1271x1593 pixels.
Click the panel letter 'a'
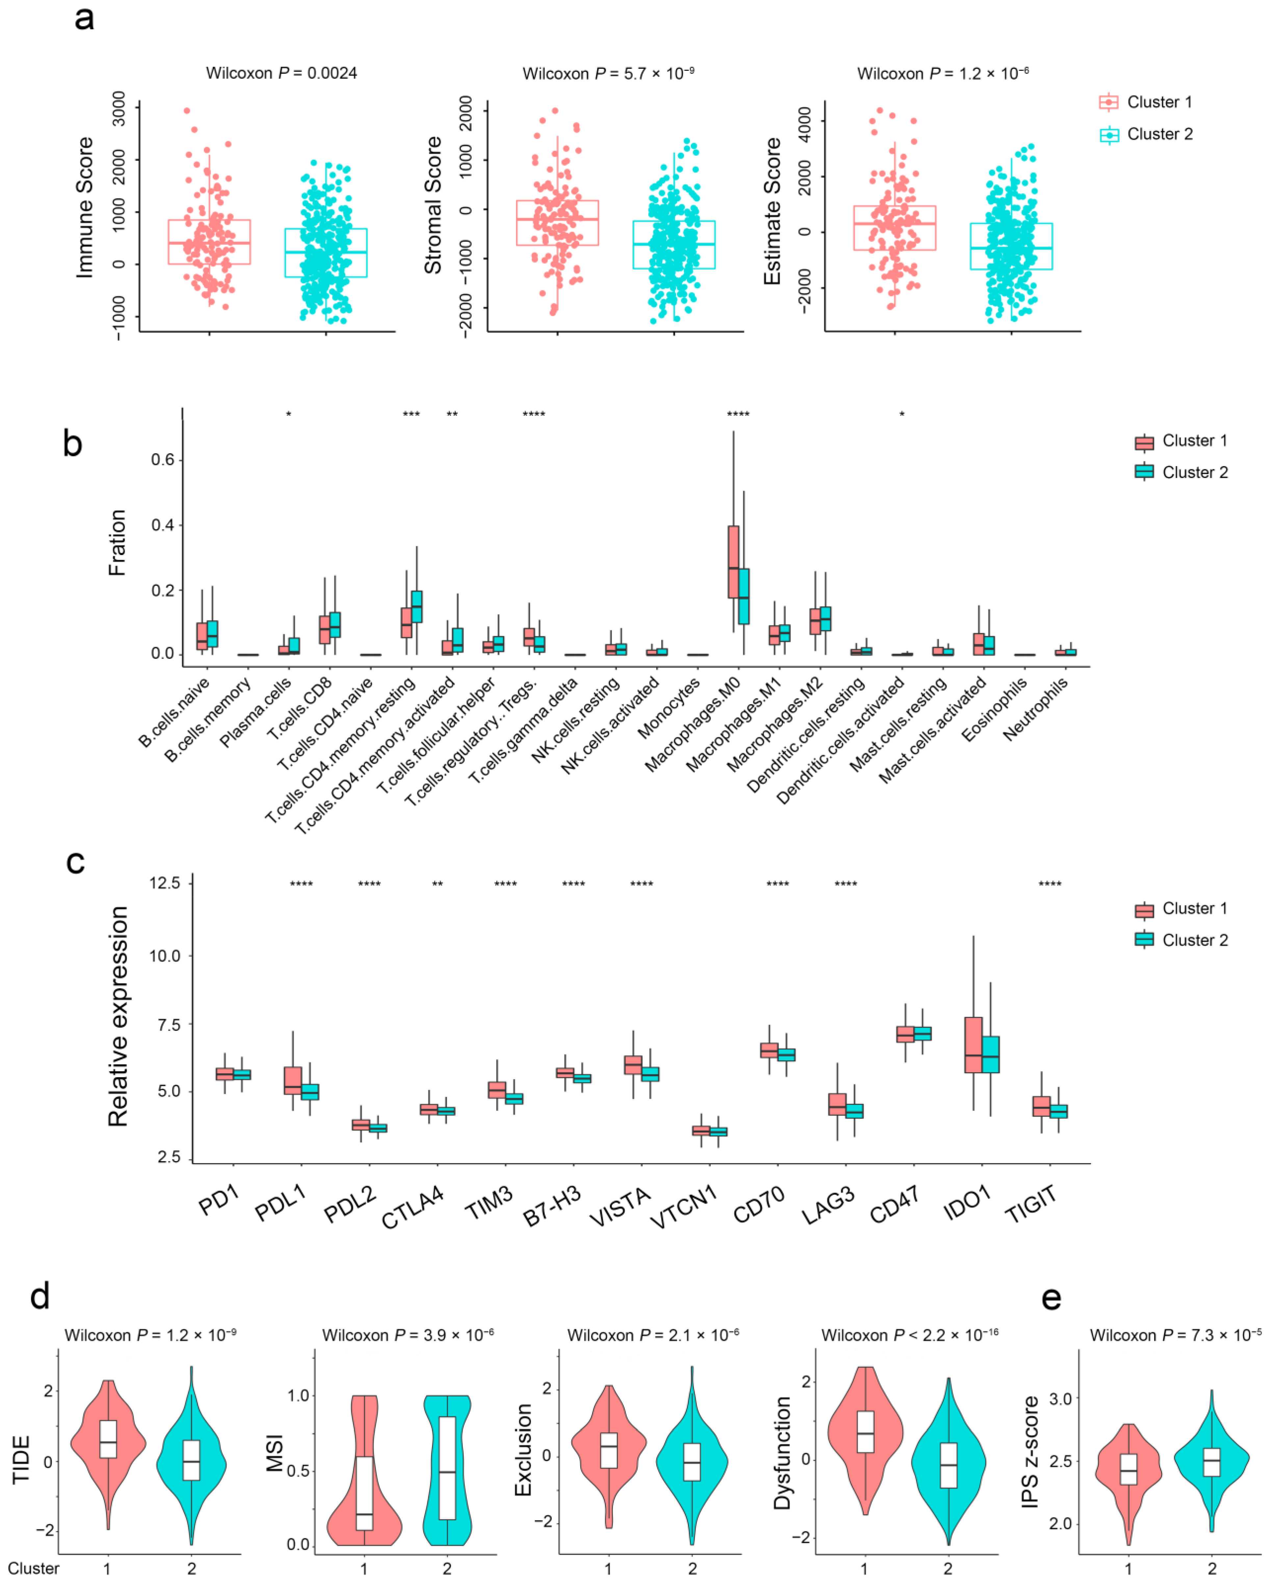(x=84, y=18)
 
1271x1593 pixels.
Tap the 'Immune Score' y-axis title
(x=85, y=208)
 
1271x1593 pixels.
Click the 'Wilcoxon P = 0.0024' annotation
(x=281, y=73)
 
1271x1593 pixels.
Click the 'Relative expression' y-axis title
(x=118, y=1017)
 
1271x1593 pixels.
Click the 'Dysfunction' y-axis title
(x=782, y=1452)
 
